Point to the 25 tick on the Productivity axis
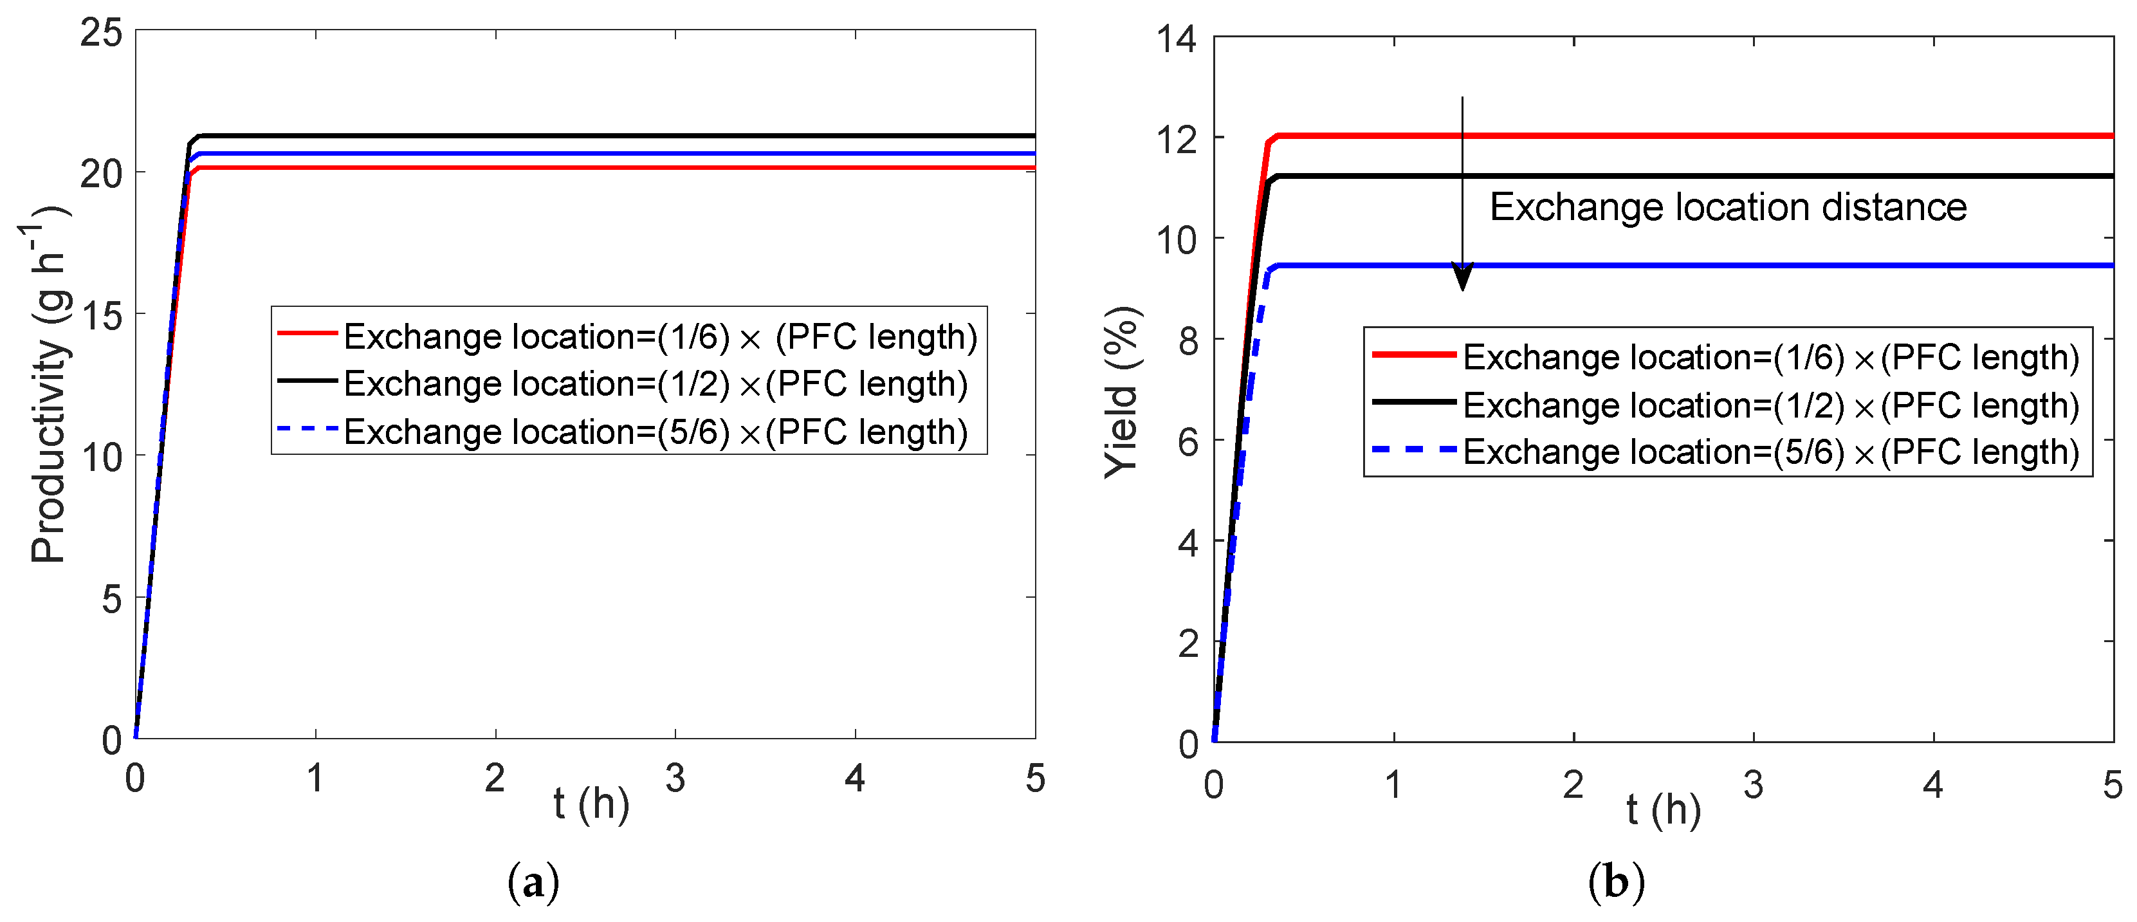tap(101, 33)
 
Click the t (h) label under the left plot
tap(591, 804)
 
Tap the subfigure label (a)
tap(533, 883)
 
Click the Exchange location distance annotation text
tap(1727, 207)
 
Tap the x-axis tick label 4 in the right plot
tap(1933, 785)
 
